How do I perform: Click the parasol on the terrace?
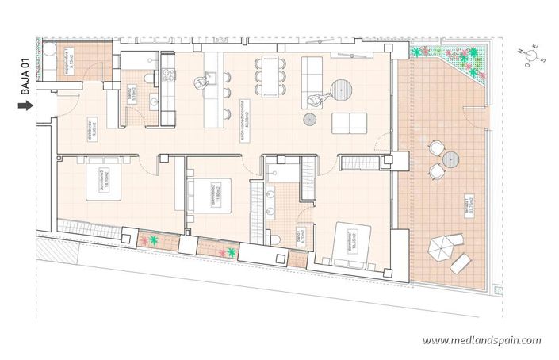438,249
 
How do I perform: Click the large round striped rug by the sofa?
342,88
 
